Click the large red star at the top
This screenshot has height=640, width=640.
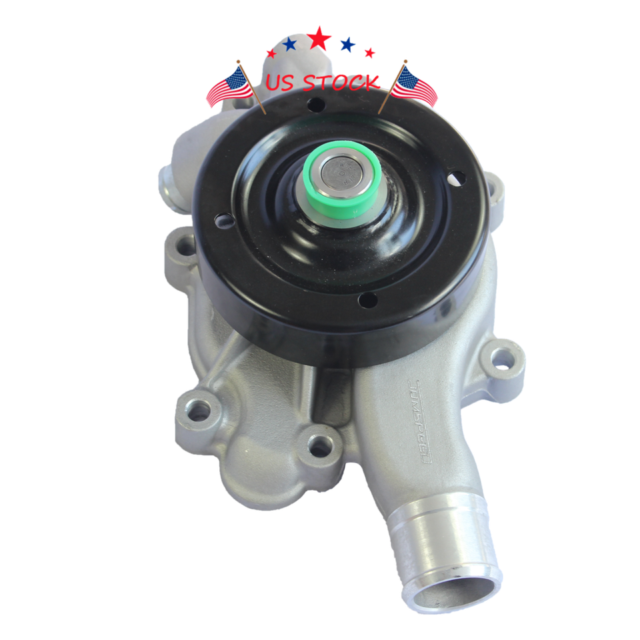(319, 39)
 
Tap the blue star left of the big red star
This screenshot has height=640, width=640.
(289, 45)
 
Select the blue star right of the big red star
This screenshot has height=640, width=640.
(347, 45)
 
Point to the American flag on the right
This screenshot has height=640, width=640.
(414, 86)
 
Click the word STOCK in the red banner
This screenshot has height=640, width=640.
(341, 83)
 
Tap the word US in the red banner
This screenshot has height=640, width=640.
(282, 83)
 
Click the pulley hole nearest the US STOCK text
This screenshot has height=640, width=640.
(316, 105)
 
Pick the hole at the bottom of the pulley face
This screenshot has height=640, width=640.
(367, 301)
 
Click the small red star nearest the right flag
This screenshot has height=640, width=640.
(370, 53)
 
